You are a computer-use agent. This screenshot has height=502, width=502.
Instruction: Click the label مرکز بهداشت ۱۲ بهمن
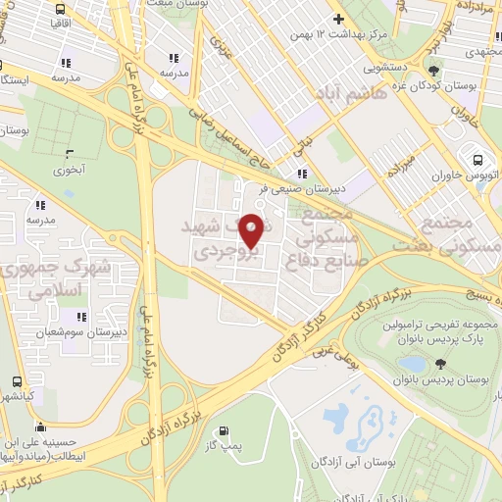(338, 34)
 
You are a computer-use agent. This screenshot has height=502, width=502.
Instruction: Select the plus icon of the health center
(338, 19)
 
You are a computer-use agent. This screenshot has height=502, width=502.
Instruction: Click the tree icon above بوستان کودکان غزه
(433, 70)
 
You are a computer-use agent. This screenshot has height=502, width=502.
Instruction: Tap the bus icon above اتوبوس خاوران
(477, 160)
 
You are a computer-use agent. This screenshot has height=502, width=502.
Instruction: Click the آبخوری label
(69, 169)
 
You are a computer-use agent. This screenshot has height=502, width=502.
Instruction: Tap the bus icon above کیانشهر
(16, 382)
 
